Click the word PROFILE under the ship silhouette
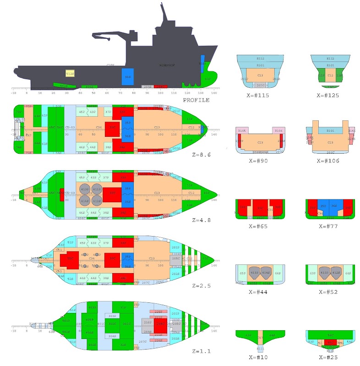[196, 100]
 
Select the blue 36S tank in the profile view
[126, 77]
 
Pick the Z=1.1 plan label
[202, 351]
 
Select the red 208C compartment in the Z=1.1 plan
[160, 326]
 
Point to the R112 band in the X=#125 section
[330, 59]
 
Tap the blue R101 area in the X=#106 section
[330, 131]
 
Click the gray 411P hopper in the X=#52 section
[325, 273]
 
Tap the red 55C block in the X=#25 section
[330, 342]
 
